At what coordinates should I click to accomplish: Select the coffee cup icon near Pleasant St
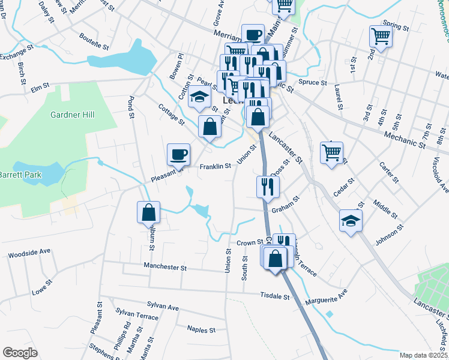tap(178, 154)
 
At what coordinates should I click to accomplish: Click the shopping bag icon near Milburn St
tap(148, 212)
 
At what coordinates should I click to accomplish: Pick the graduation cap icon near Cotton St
tap(199, 96)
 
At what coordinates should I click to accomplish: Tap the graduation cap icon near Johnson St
tap(351, 220)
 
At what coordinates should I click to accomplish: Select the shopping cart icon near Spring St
tap(381, 36)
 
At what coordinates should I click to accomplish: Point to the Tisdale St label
tap(276, 296)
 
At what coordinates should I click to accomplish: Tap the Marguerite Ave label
tap(327, 297)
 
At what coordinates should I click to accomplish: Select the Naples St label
tap(201, 329)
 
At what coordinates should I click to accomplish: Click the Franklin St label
tap(215, 167)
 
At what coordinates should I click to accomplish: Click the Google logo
tap(20, 353)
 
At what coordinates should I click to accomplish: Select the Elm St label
tap(40, 89)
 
